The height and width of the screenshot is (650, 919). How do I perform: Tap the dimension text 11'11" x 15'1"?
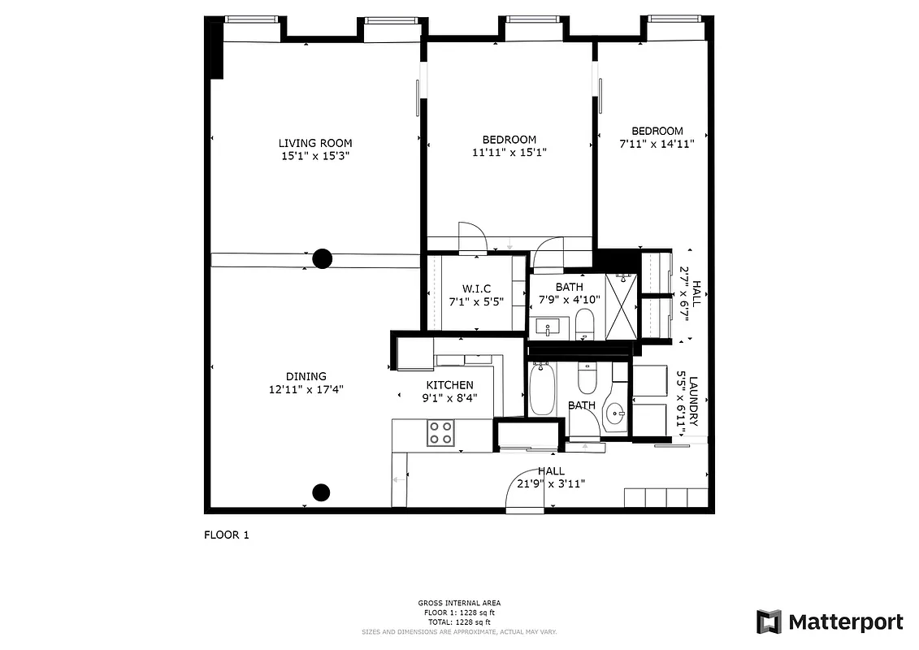click(509, 152)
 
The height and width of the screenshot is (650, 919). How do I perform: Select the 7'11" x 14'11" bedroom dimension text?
click(657, 144)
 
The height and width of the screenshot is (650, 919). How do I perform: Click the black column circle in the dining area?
click(322, 492)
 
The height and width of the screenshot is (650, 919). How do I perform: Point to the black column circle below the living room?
click(323, 259)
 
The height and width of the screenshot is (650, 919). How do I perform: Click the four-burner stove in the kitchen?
click(441, 432)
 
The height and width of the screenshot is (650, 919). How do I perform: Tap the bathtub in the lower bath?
click(541, 390)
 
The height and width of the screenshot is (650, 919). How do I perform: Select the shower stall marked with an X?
click(622, 306)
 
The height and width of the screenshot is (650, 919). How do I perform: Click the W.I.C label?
click(475, 289)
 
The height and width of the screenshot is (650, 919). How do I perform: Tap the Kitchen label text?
click(449, 385)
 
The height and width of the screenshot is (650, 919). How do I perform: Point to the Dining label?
click(306, 376)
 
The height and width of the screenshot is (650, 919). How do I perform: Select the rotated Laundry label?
click(693, 401)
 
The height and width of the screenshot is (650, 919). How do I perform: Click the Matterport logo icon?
click(769, 622)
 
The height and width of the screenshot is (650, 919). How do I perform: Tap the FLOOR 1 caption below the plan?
click(226, 535)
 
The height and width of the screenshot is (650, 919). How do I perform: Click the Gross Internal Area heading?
click(458, 603)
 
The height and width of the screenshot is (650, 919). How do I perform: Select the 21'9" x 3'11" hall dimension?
click(551, 483)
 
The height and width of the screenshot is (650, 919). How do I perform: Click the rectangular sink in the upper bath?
click(548, 327)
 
